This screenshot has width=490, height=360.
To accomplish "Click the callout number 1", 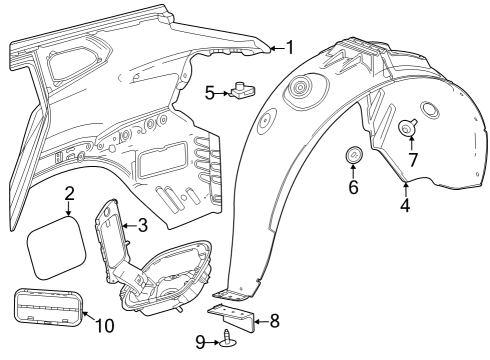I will pos(289,47).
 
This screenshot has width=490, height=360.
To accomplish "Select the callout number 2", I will pos(69,193).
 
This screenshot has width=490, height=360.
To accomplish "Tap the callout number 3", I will pos(142,226).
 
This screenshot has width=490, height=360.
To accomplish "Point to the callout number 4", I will pos(404,207).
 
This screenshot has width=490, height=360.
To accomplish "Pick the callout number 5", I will pos(210,93).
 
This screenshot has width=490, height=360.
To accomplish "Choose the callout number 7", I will pos(411,159).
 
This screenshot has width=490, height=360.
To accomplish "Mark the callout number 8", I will pos(275,321).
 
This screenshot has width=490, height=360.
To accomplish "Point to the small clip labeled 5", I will pos(240,91).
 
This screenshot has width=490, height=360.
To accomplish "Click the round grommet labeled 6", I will pos(353,156).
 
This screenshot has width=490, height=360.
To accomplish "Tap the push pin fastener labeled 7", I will pos(410,127).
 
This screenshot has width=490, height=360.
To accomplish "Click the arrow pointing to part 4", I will pos(404,188).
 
